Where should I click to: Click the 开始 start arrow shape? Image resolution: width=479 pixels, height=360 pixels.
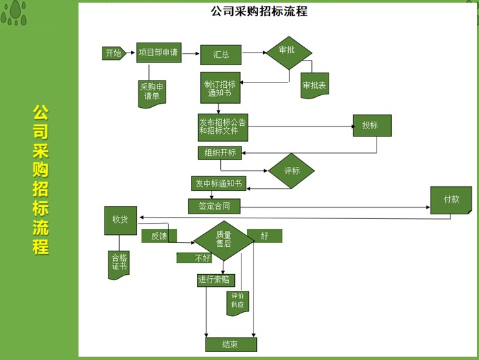coord(113,53)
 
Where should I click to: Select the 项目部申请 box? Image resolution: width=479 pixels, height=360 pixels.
coord(158,53)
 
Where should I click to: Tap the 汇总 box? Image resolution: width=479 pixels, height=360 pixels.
coord(221,54)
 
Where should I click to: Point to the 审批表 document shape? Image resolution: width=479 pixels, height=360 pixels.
coord(314,85)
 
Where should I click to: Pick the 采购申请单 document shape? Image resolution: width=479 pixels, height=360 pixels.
coord(152,91)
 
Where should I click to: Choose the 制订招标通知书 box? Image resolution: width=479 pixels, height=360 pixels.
coord(220,88)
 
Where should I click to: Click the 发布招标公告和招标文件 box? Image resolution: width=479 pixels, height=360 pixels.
coord(223,126)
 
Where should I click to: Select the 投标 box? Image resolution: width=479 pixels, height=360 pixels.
coord(371,125)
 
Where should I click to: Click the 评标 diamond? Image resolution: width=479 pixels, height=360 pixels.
coord(291,171)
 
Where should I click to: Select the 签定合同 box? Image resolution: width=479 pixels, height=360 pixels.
coord(214,206)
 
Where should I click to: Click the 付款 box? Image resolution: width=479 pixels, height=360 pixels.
coord(450,199)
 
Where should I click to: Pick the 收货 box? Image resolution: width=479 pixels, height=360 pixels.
coord(120,220)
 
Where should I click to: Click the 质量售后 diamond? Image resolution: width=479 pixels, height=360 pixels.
coord(224,240)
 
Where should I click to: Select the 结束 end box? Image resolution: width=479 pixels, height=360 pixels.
coord(230,344)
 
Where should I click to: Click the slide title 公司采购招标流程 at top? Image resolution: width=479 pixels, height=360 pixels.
coord(259,11)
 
